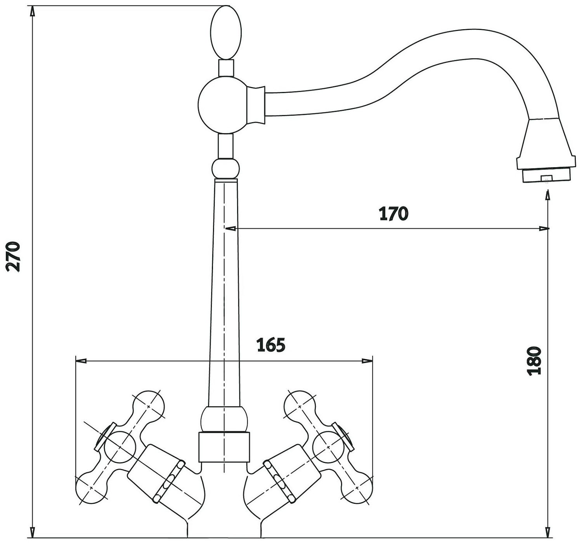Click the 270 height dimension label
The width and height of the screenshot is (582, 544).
13,256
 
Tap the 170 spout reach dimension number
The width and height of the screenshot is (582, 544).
393,213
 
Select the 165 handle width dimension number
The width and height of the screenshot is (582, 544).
271,345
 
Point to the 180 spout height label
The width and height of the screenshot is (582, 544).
534,361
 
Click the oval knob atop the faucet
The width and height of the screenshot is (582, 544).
226,32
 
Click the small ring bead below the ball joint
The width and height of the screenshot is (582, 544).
225,169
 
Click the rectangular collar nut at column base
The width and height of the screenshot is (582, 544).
224,447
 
